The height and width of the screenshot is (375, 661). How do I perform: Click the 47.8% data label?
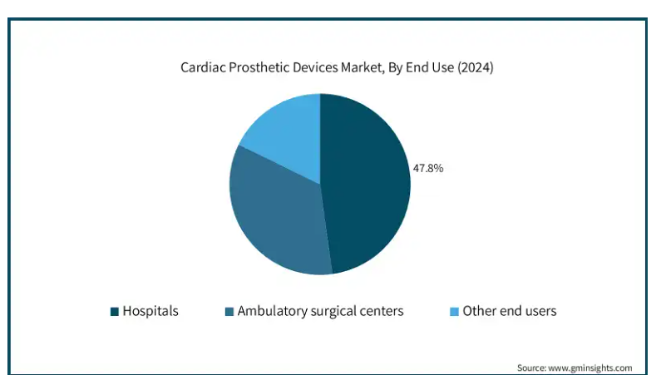[x=428, y=169]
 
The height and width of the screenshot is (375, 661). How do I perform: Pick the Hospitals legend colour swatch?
[x=114, y=311]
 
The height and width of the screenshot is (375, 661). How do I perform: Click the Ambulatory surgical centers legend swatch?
[x=229, y=311]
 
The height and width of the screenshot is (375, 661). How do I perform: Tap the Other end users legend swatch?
[x=455, y=311]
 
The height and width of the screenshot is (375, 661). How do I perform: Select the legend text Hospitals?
[x=150, y=311]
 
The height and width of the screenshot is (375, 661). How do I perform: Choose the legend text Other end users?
[x=510, y=311]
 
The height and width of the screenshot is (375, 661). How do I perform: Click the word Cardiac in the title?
[x=203, y=67]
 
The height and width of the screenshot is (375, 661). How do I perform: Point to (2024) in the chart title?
[x=476, y=68]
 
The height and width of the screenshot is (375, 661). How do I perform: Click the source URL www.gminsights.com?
[x=590, y=368]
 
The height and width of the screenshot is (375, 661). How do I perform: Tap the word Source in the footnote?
[x=531, y=368]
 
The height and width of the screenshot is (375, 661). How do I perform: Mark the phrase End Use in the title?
[x=430, y=67]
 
